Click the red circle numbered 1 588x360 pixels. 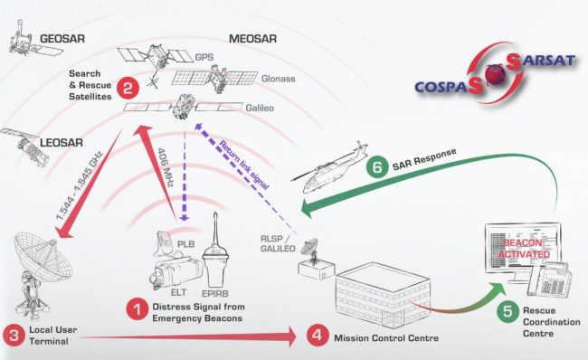tap(138, 310)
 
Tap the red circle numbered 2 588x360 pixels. tap(128, 88)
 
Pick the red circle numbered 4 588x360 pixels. tap(317, 336)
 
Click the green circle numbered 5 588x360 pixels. tap(508, 310)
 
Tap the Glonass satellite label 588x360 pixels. tap(279, 80)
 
